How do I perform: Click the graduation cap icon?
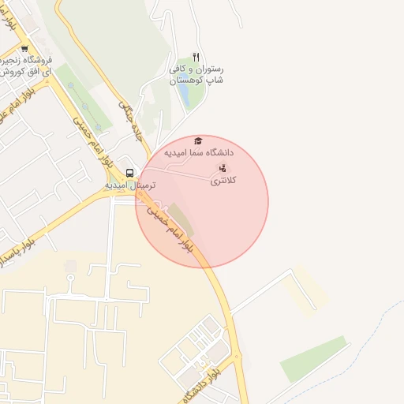click(x=197, y=140)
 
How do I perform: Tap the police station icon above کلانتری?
click(x=223, y=168)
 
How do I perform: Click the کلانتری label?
click(x=223, y=181)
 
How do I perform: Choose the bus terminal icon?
click(x=129, y=172)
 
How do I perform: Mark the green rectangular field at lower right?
click(x=313, y=358)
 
